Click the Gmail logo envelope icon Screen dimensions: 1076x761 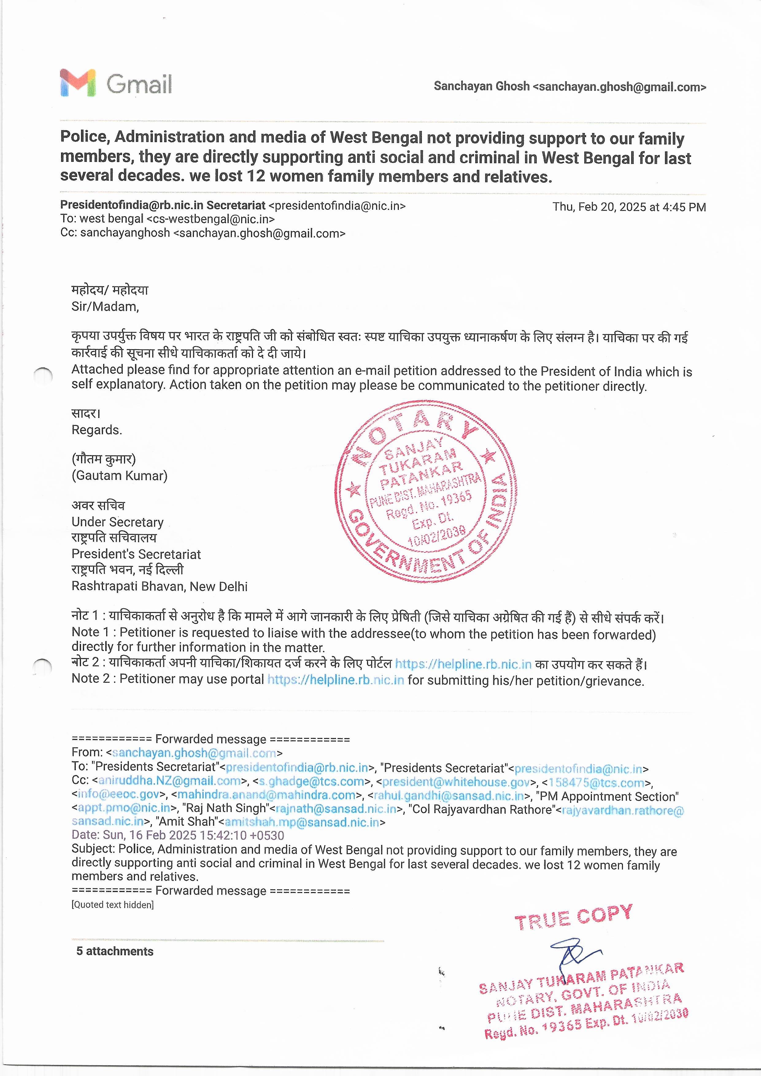coord(77,83)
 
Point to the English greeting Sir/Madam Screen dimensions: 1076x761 coord(105,307)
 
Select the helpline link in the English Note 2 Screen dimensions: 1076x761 coord(335,680)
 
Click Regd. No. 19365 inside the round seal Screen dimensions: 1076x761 coord(428,505)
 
